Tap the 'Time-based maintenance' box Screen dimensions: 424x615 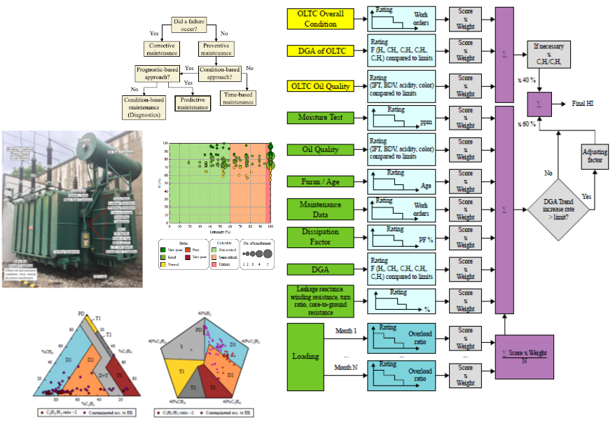[x=239, y=97]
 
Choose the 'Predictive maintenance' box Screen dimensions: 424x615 [x=192, y=103]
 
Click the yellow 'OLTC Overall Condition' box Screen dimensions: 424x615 [x=322, y=19]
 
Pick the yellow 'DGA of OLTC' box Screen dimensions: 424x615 [x=322, y=50]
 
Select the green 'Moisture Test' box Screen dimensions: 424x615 [x=322, y=117]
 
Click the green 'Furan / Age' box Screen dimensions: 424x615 [x=322, y=182]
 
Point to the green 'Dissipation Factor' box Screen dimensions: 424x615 [x=322, y=237]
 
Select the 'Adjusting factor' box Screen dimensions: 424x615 [x=595, y=156]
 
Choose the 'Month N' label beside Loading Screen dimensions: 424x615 [x=346, y=367]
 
